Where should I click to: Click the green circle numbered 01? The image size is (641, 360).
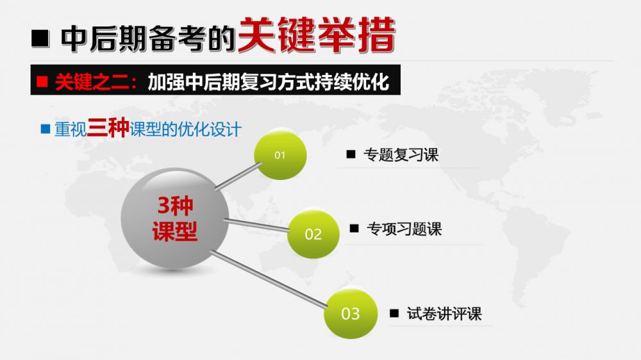(x=280, y=155)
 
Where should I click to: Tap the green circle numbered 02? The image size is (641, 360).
(x=313, y=234)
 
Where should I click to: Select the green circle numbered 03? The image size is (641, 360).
(x=351, y=313)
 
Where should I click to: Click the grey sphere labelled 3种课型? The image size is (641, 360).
(x=175, y=218)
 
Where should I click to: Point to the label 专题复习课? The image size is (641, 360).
(x=401, y=155)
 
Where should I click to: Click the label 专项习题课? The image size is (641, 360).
(x=404, y=229)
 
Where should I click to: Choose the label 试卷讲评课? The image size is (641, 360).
(x=444, y=314)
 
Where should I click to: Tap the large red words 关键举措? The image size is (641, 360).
(x=317, y=35)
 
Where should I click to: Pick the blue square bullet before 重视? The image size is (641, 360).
(x=46, y=129)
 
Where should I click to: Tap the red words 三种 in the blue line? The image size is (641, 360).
(x=108, y=127)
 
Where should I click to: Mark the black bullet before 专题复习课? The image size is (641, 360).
(x=351, y=154)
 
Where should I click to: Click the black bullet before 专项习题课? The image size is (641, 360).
(x=354, y=228)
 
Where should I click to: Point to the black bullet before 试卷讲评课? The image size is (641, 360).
(x=394, y=313)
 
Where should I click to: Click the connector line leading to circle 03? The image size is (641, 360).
(x=269, y=279)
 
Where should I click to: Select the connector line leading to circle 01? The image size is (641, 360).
(x=238, y=176)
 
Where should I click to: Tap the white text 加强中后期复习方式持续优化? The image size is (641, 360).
(x=268, y=82)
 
